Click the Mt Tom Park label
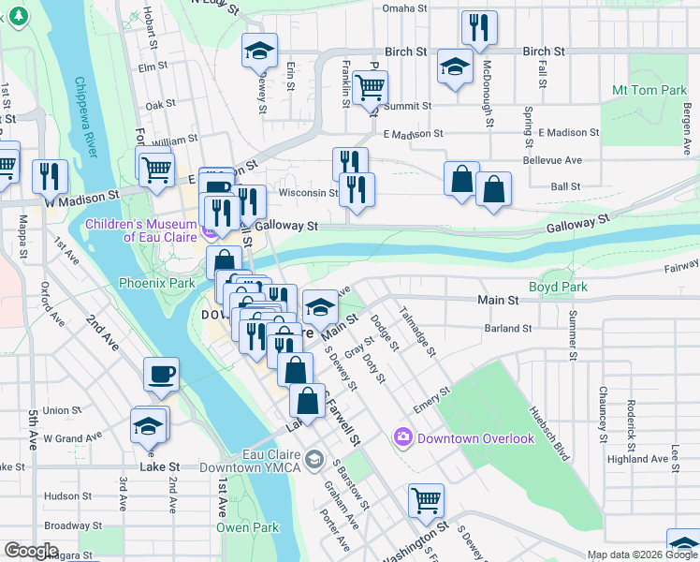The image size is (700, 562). tap(649, 91)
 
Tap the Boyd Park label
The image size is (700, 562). tap(558, 287)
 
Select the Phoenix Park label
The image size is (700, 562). tap(156, 282)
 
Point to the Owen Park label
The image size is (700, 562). tap(249, 527)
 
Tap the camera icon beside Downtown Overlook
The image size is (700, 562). tap(403, 437)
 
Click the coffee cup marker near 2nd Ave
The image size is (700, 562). tap(160, 375)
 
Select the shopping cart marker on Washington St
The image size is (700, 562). tap(426, 500)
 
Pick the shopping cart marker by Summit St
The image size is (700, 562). tap(371, 87)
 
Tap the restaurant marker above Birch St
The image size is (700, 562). tap(479, 28)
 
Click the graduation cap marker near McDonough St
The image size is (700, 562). tap(455, 67)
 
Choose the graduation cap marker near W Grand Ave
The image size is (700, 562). tap(149, 425)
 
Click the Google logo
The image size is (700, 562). tap(32, 551)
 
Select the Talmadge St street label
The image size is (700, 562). tap(417, 331)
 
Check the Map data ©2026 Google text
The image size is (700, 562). tap(641, 555)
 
